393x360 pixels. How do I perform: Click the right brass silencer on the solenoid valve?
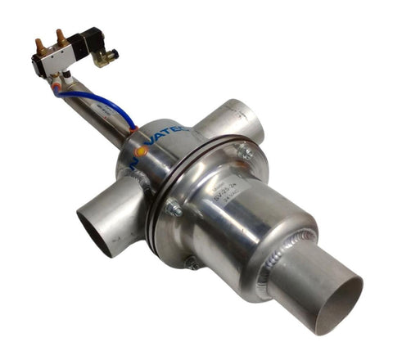pos(59,37)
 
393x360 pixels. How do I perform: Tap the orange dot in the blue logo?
pos(141,151)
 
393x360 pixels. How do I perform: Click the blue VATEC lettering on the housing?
pos(169,134)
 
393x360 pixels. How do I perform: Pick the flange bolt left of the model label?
pos(174,209)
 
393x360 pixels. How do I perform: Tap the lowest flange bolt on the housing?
pos(191,263)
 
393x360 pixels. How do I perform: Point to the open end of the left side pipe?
pos(97,230)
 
